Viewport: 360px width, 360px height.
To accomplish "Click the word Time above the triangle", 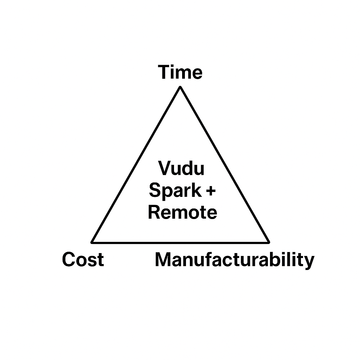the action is tap(180, 72).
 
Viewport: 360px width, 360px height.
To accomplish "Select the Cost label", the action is tap(83, 260).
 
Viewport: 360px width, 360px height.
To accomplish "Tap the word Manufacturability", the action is tap(234, 261).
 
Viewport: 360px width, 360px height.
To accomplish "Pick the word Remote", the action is tap(182, 213).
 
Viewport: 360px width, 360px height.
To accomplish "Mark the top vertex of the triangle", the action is tap(180, 87).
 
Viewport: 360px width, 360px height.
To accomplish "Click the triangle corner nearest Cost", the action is tap(92, 242).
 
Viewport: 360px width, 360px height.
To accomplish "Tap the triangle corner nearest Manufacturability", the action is tap(268, 242).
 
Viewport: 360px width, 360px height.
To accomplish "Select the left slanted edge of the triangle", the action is tap(136, 165).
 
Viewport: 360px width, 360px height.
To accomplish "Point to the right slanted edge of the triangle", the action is tap(224, 165).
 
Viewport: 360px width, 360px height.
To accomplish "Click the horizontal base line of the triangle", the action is tap(180, 242).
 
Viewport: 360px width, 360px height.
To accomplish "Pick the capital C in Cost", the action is tap(69, 260).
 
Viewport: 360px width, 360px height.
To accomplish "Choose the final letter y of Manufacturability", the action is tap(309, 262).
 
